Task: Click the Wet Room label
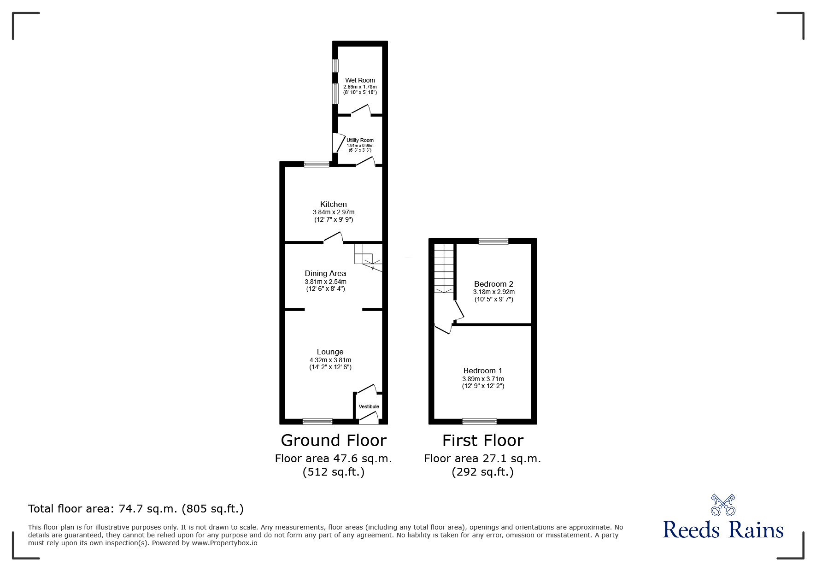pos(360,80)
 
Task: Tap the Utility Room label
pos(360,140)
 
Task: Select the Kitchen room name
pos(334,204)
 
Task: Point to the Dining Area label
pos(325,273)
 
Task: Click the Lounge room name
pos(330,352)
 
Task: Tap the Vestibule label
pos(369,406)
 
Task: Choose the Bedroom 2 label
pos(493,284)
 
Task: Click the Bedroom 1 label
pos(483,371)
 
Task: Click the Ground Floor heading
pos(334,441)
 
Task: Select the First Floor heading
pos(483,441)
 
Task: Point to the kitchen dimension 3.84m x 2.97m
pos(334,212)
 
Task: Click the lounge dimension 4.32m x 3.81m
pos(330,360)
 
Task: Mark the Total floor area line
pos(136,509)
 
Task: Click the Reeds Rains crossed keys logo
pos(723,505)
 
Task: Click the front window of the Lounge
pos(317,421)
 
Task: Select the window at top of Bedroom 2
pos(493,241)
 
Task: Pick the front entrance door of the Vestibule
pos(369,418)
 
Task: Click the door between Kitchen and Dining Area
pos(333,238)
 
